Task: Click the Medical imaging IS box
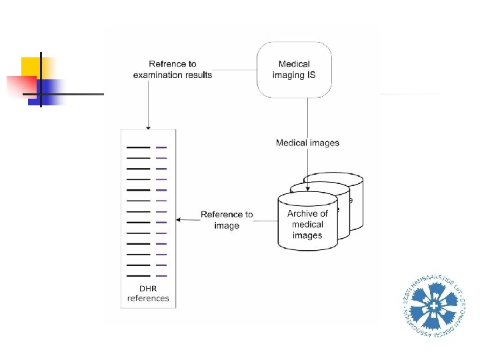294,69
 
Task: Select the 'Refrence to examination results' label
173,69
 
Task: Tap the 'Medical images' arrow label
307,143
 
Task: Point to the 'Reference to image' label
227,220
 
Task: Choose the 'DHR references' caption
148,293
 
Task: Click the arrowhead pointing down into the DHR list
148,126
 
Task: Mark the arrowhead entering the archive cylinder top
307,191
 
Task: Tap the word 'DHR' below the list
148,289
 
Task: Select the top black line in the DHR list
138,147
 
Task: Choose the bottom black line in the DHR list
138,275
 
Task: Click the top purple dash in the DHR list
161,147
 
